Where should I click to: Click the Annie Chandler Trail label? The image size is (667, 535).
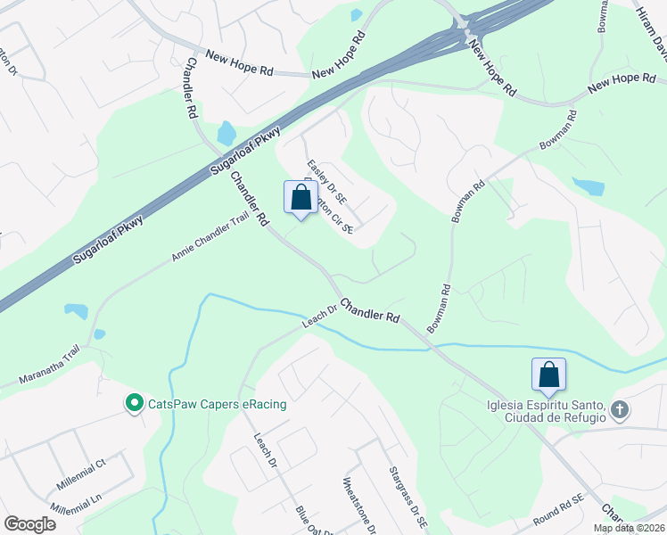click(210, 238)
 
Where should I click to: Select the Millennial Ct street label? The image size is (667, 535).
click(81, 473)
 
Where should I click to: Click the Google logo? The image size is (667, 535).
click(29, 523)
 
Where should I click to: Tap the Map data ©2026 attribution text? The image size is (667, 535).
click(628, 528)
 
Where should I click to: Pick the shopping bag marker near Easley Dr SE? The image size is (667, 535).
click(301, 197)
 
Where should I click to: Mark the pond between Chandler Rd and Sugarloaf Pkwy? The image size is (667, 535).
click(226, 134)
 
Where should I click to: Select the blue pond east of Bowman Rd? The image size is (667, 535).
click(588, 186)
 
